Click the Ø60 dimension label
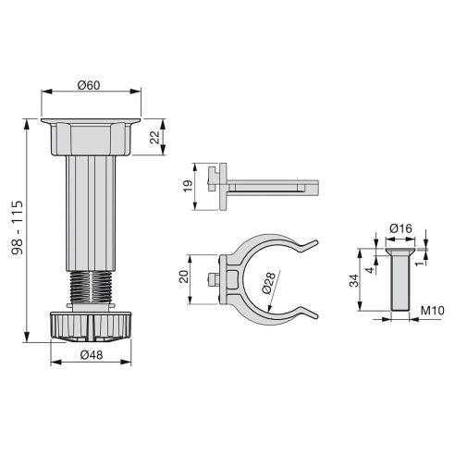[90, 85]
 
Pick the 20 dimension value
[184, 277]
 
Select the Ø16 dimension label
[400, 227]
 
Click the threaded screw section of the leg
[90, 284]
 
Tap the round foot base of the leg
[90, 325]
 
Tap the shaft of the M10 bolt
[400, 282]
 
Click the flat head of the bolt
[400, 250]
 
